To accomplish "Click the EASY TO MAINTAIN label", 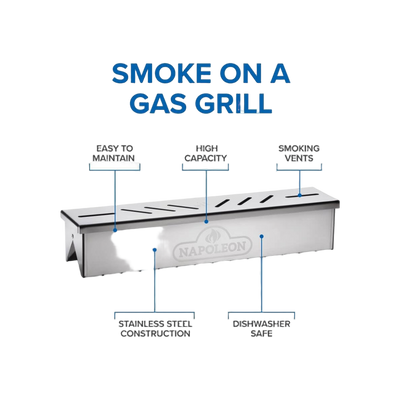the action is tap(114, 153).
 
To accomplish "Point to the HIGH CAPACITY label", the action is tap(206, 153).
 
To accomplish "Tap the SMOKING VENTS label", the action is tap(299, 153).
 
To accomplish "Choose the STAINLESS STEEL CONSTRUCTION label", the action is tap(155, 329).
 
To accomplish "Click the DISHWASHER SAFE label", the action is tap(261, 329).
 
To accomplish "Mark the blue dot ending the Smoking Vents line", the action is tap(299, 195).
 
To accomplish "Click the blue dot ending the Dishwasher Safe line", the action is tap(262, 236).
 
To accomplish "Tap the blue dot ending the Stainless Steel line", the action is tap(154, 249).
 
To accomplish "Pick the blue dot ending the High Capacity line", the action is tap(206, 221).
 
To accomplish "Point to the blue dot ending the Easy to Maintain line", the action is tap(115, 230).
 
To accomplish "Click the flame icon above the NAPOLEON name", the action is tap(212, 237).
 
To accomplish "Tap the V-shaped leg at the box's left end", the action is tap(74, 248).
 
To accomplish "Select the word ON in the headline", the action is tap(239, 73).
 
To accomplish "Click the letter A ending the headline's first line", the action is tap(278, 73).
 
